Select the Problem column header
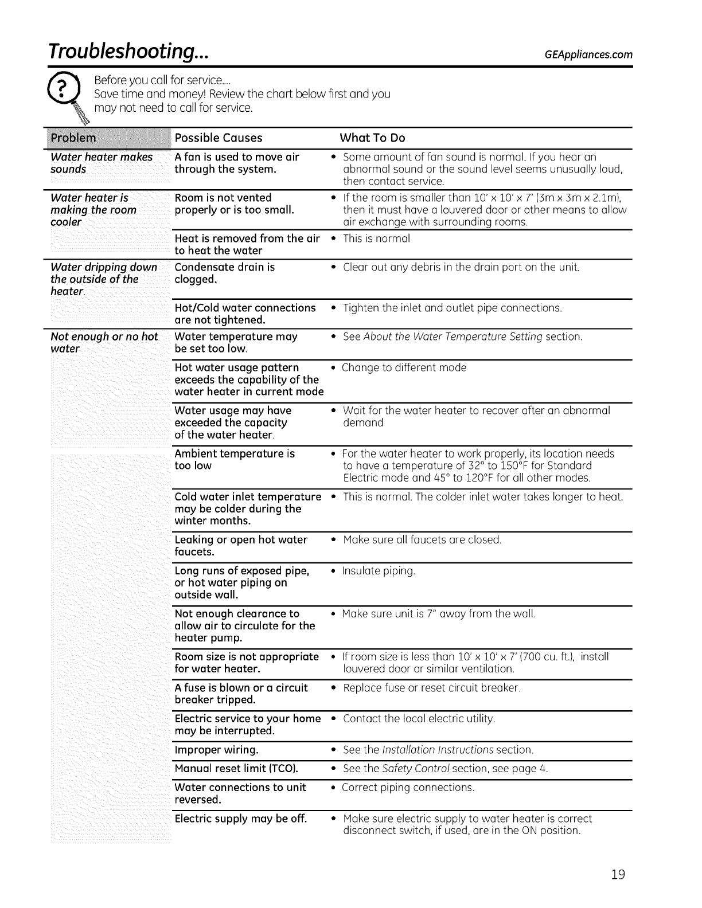pyautogui.click(x=75, y=138)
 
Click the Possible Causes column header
pyautogui.click(x=218, y=138)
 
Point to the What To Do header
pyautogui.click(x=372, y=138)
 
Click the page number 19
pyautogui.click(x=617, y=875)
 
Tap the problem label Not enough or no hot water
pyautogui.click(x=104, y=343)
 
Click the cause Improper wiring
pyautogui.click(x=216, y=750)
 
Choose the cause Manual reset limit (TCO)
pyautogui.click(x=236, y=769)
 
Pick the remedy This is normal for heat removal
pyautogui.click(x=376, y=238)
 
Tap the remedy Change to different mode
pyautogui.click(x=404, y=367)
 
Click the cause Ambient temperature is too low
pyautogui.click(x=235, y=460)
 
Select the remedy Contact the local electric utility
pyautogui.click(x=419, y=719)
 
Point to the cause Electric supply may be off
pyautogui.click(x=241, y=819)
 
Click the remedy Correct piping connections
pyautogui.click(x=408, y=788)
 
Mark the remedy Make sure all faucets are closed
pyautogui.click(x=422, y=540)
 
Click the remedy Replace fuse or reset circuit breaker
pyautogui.click(x=431, y=688)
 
